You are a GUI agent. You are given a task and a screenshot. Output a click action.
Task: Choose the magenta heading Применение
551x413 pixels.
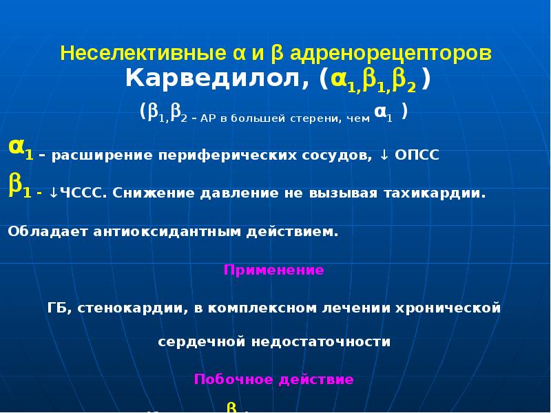click(x=274, y=270)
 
